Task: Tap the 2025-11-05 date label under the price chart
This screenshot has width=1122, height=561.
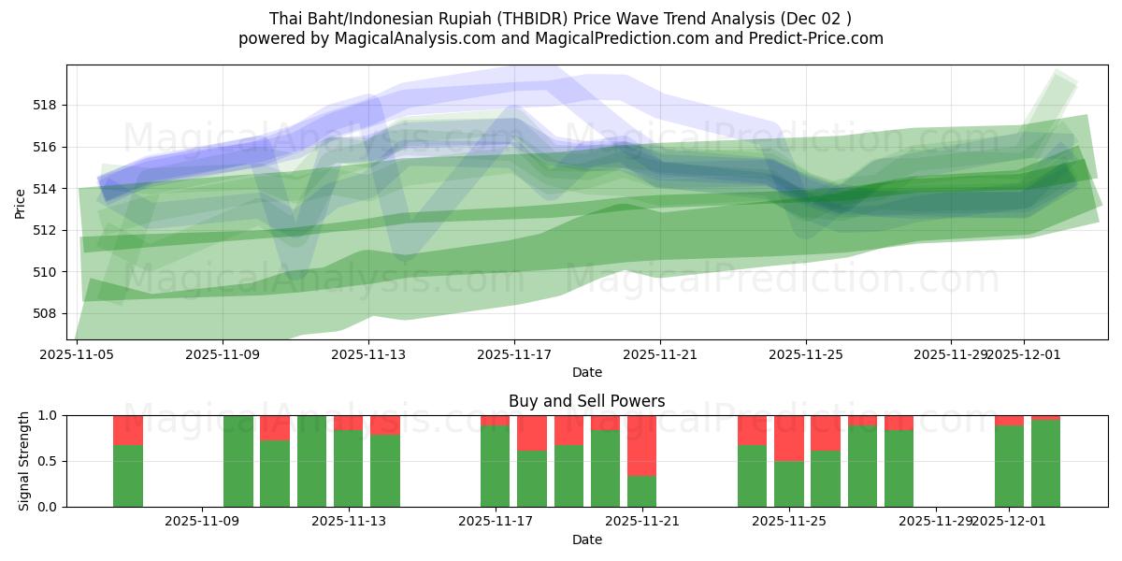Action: (77, 354)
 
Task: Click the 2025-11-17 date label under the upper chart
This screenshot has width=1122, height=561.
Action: (513, 354)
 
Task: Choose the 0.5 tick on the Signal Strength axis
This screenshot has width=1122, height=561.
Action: (48, 461)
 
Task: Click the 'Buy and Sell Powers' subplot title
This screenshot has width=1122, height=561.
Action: (586, 401)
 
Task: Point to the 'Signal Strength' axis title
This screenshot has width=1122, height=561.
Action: (24, 461)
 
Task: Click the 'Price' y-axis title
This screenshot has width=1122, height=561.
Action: (21, 202)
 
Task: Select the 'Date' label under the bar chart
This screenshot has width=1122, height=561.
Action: (586, 539)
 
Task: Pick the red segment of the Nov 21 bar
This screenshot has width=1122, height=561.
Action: (642, 445)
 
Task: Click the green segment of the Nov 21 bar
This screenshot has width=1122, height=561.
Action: (642, 491)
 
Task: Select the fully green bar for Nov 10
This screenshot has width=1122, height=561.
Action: (238, 461)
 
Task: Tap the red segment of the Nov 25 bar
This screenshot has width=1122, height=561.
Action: (789, 438)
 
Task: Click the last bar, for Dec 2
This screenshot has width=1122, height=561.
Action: (1045, 464)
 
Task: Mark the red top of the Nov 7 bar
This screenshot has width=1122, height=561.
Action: (128, 430)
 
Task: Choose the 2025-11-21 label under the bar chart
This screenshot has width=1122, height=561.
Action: (642, 522)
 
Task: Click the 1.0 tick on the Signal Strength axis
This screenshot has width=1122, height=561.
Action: (48, 415)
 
